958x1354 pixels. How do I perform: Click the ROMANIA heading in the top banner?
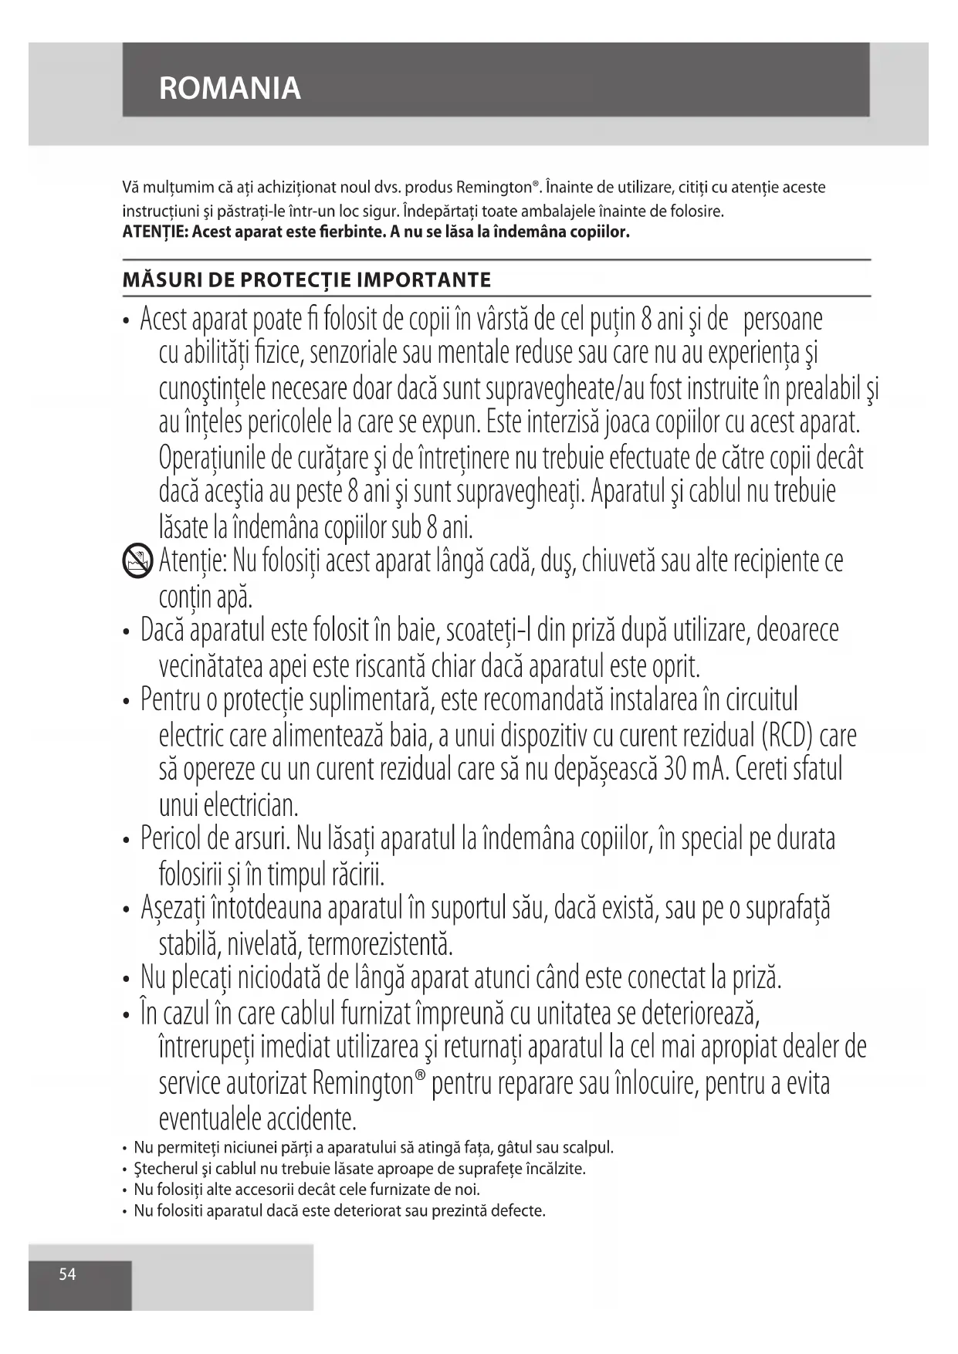click(229, 89)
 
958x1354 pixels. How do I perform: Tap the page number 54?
click(68, 1274)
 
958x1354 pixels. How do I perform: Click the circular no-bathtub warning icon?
click(137, 561)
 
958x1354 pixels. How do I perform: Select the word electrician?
click(250, 805)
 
